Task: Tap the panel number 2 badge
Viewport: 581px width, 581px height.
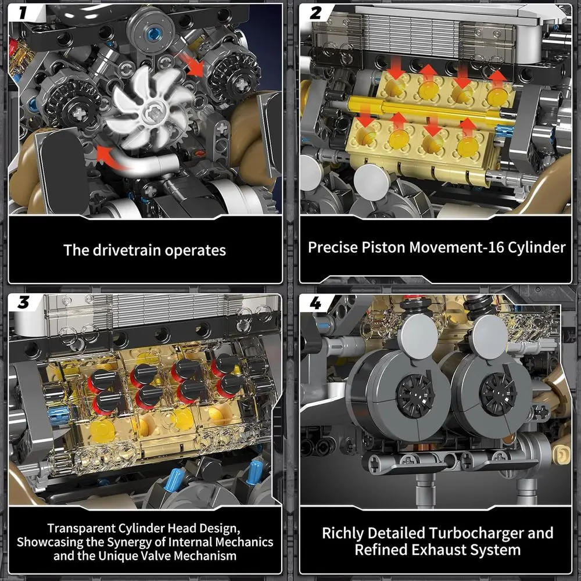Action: [315, 12]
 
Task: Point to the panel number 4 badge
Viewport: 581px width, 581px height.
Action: [316, 303]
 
